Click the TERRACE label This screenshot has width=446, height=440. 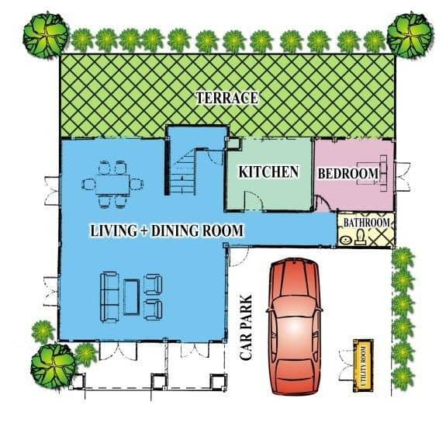click(226, 98)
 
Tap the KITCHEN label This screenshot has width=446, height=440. click(268, 171)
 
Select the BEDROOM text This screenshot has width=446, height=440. click(348, 173)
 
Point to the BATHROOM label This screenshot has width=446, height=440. click(365, 223)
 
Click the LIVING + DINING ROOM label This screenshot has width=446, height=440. click(168, 230)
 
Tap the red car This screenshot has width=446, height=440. click(294, 326)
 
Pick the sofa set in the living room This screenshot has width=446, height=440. click(131, 295)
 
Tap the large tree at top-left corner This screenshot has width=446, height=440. click(43, 34)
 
